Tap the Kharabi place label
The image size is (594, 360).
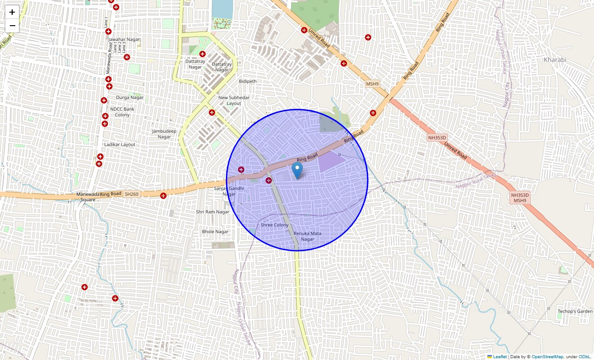555,60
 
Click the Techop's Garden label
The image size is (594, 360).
575,311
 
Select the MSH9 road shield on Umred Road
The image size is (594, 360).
372,84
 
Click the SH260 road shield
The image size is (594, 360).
132,194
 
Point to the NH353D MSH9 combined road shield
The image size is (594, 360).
520,198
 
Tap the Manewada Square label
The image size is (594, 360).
86,197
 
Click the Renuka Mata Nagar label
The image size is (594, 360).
307,236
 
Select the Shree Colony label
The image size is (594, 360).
274,225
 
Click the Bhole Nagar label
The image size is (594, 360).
215,232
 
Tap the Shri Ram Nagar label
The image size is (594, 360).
212,211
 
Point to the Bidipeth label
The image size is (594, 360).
247,81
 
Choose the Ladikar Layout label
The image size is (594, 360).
120,144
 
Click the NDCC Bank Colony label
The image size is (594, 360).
122,112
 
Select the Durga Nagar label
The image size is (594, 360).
130,97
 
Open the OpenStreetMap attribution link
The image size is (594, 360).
547,357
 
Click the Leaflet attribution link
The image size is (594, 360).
499,357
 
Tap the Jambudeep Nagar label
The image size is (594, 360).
164,134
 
